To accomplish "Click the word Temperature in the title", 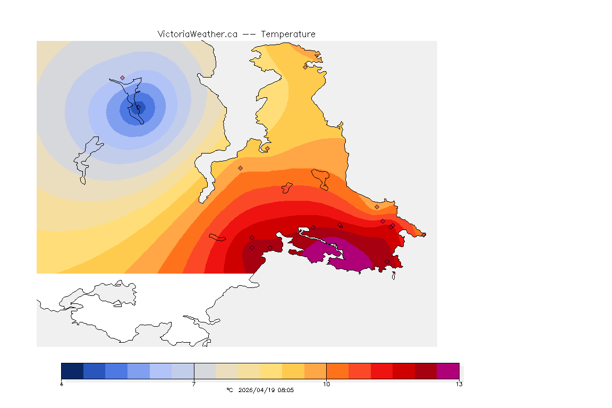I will [x=288, y=34].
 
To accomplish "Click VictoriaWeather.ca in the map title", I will [x=197, y=34].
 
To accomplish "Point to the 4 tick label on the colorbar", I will [x=62, y=384].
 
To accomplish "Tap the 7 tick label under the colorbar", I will [x=194, y=384].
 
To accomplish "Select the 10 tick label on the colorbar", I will [x=326, y=384].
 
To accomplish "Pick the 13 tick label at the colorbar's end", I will [x=458, y=384].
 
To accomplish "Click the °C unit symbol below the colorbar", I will [x=229, y=390].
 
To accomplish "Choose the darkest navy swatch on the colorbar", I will [x=72, y=371].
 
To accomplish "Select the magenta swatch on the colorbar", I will [x=447, y=371].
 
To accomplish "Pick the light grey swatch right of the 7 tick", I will [x=205, y=371].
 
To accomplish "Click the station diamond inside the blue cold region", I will [x=122, y=78].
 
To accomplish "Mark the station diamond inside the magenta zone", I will [x=340, y=225].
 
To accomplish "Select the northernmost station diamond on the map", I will [x=305, y=67].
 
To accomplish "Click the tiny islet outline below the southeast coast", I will [x=394, y=275].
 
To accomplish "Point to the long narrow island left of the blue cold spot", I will [x=87, y=157].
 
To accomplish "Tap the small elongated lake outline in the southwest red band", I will [x=218, y=237].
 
